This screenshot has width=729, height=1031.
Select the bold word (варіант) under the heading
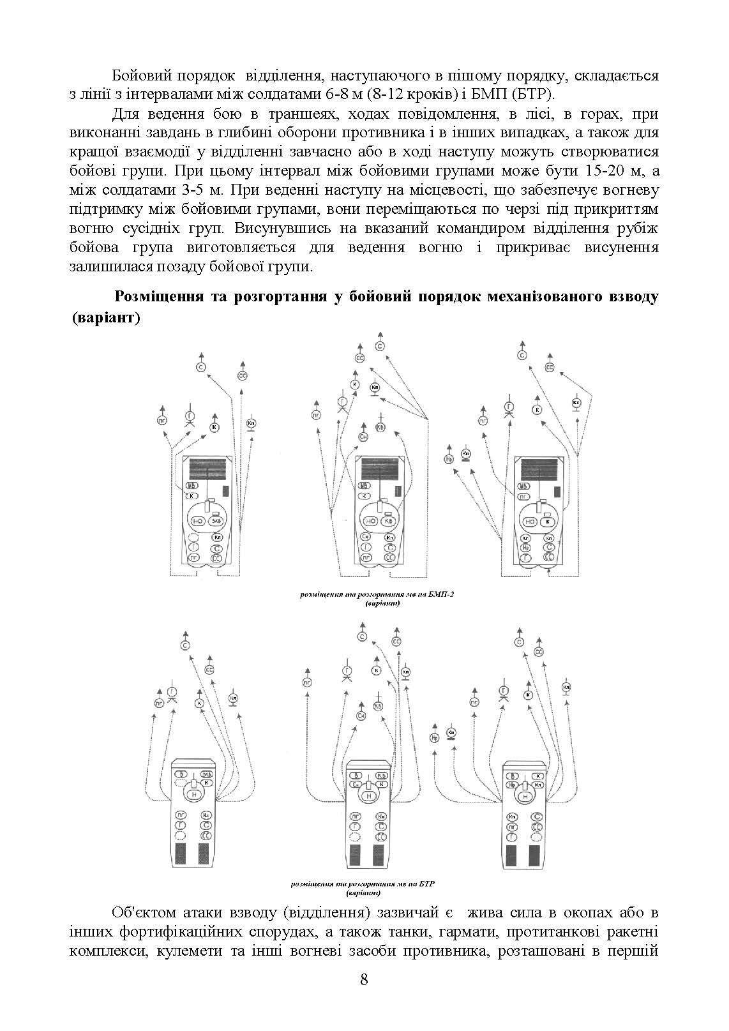106,317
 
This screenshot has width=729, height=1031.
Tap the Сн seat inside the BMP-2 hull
366,537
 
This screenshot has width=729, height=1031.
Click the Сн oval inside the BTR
357,783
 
